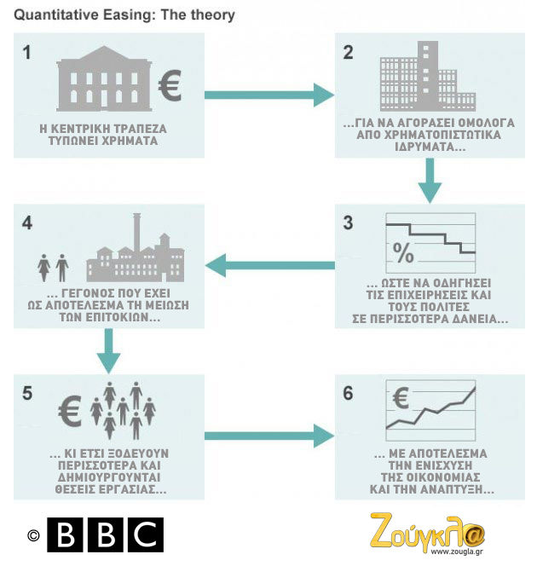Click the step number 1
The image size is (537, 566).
pos(27,52)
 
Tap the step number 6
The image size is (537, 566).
pos(347,395)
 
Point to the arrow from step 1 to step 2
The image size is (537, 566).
pos(268,95)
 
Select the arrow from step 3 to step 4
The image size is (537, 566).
pos(269,265)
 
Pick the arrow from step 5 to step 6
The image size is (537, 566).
pos(268,436)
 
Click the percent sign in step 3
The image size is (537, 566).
pos(402,253)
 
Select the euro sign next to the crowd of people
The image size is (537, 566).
pos(71,411)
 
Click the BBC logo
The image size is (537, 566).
pos(104,534)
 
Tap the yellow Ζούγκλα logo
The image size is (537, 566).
pos(426,531)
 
